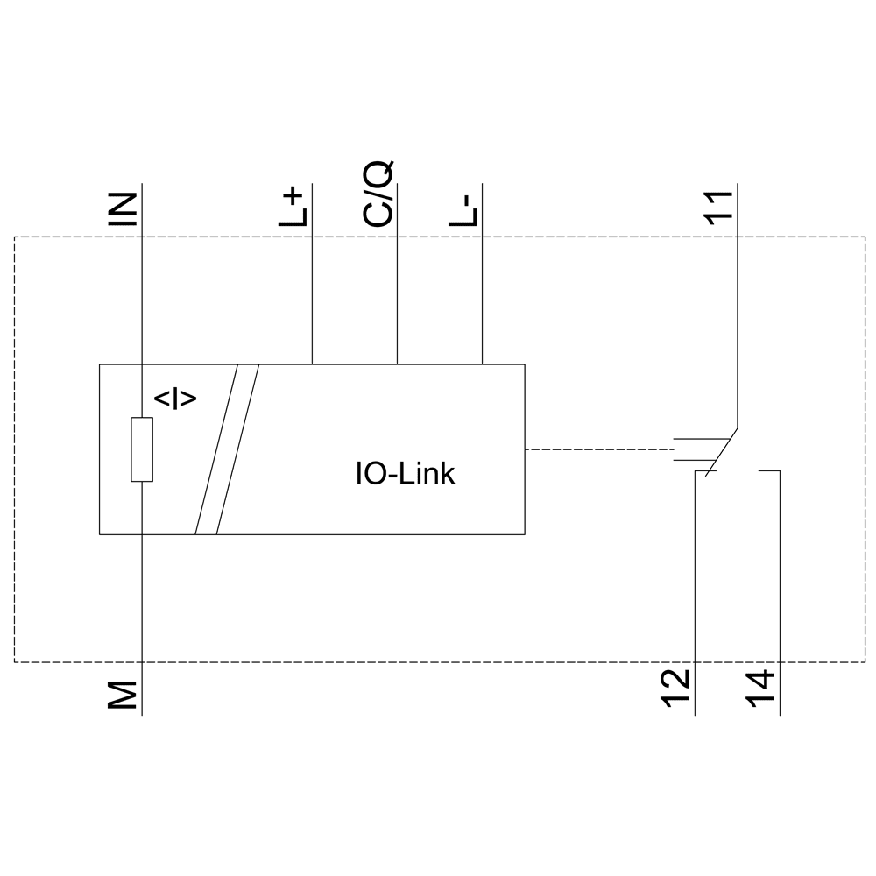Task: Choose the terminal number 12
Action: tap(676, 690)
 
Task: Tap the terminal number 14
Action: tap(761, 690)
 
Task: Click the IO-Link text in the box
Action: tap(405, 474)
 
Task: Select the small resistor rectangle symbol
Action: tap(142, 449)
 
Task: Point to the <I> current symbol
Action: tap(175, 399)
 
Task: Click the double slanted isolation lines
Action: tap(227, 449)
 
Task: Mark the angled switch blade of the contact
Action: tap(721, 452)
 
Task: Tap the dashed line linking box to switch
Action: tap(596, 449)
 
